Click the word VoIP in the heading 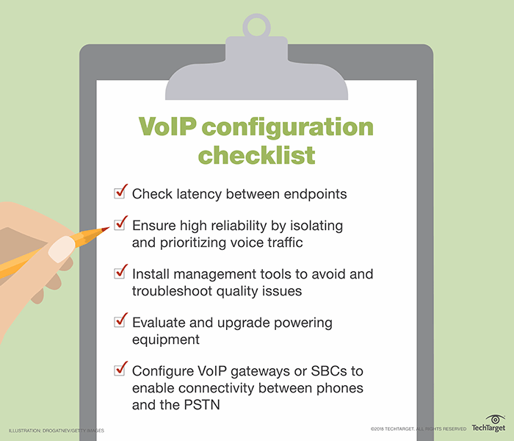169,126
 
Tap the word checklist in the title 256,155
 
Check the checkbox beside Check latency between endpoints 120,193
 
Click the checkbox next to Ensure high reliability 120,223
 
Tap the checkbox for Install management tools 120,273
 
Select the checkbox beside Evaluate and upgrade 120,323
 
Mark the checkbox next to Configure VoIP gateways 120,370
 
